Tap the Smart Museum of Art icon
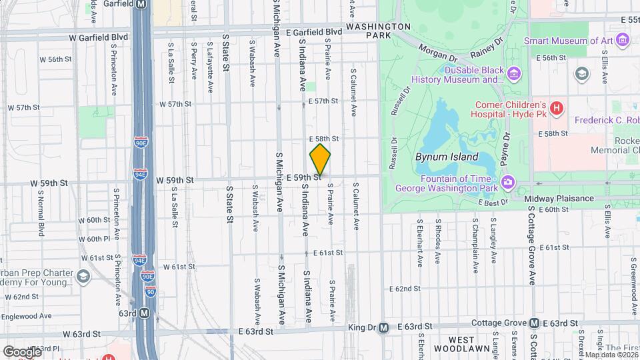click(623, 41)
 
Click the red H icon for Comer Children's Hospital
click(557, 105)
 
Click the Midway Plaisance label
click(559, 199)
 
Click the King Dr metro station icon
click(383, 327)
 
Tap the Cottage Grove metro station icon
click(534, 323)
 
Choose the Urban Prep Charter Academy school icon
click(83, 275)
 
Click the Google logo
click(21, 351)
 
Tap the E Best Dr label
click(493, 201)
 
